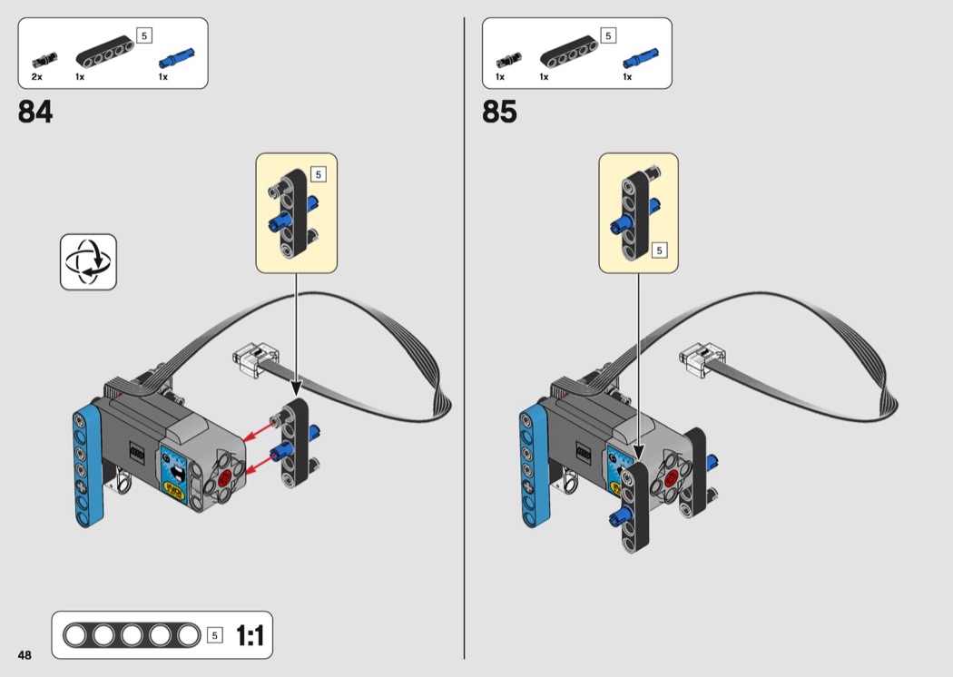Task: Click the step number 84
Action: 35,112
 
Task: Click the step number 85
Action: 499,112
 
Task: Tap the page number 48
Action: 25,655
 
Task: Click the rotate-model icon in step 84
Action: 88,262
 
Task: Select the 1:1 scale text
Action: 250,635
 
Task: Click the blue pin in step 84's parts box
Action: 177,58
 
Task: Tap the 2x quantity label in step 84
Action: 37,77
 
